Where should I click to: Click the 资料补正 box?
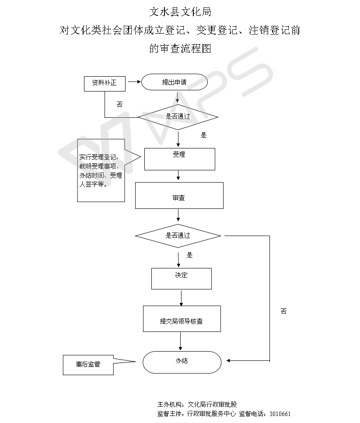click(104, 83)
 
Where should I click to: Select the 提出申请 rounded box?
click(174, 82)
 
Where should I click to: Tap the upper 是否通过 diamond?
click(178, 117)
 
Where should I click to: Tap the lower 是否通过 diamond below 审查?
click(178, 236)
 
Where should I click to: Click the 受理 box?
click(179, 159)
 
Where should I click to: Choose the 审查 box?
click(179, 196)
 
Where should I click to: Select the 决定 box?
click(181, 278)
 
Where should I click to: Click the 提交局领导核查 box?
click(182, 319)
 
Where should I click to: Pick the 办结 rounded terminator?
click(182, 362)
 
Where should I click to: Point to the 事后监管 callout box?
click(88, 365)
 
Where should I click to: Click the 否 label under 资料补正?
click(119, 105)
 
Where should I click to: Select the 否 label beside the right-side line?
click(283, 311)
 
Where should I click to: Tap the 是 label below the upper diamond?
click(203, 135)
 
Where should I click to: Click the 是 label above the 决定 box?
click(189, 255)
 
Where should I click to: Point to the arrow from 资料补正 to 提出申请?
click(133, 82)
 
